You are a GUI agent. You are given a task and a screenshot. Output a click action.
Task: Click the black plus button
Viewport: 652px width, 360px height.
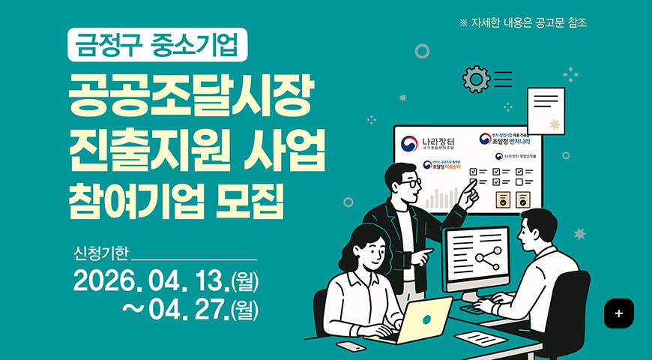pyautogui.click(x=618, y=313)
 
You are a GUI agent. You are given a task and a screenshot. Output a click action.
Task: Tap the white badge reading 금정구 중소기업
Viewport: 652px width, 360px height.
pyautogui.click(x=157, y=46)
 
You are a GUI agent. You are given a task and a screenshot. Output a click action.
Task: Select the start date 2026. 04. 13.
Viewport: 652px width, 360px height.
pyautogui.click(x=154, y=282)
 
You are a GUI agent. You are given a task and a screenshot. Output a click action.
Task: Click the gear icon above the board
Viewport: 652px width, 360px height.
pyautogui.click(x=476, y=79)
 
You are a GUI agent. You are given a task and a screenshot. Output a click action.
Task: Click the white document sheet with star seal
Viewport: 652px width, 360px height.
pyautogui.click(x=545, y=110)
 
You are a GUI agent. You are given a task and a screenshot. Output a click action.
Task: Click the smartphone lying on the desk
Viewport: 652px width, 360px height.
pyautogui.click(x=351, y=346)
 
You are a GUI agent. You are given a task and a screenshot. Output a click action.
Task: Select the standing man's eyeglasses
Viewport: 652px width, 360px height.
pyautogui.click(x=409, y=182)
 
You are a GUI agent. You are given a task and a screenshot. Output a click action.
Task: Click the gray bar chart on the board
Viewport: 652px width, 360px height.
pyautogui.click(x=439, y=199)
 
